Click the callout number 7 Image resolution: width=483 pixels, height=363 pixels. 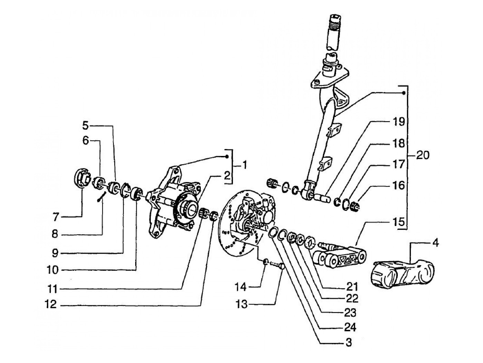tap(56, 217)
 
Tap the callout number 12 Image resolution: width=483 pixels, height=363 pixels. tap(51, 305)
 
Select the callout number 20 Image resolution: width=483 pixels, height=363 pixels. tap(423, 156)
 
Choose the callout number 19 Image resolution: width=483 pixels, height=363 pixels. tap(399, 122)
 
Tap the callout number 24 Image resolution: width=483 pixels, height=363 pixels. tap(350, 328)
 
